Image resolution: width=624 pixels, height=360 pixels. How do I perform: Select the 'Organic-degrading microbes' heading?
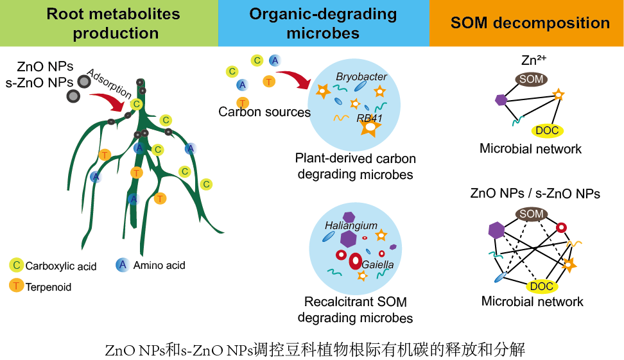(x=323, y=23)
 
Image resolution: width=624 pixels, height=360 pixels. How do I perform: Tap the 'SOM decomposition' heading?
(x=530, y=24)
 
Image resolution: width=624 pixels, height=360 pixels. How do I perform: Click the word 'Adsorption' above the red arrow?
(x=108, y=84)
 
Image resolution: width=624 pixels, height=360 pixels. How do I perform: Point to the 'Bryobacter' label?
(x=361, y=77)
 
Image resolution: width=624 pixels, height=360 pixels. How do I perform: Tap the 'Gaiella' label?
(x=377, y=264)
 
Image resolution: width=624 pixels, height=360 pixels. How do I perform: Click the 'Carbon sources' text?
(x=264, y=112)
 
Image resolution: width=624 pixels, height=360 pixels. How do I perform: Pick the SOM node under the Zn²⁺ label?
(x=531, y=80)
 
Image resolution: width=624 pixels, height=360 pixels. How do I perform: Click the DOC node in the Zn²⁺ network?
(x=548, y=131)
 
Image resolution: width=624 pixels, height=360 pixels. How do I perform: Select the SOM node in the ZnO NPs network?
(x=531, y=214)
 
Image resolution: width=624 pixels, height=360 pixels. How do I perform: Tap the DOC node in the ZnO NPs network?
(x=541, y=286)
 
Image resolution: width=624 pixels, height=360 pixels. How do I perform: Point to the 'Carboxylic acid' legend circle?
(x=17, y=265)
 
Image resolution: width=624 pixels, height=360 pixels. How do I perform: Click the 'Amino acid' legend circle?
(x=122, y=264)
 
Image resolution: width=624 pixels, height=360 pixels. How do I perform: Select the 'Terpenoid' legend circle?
(x=17, y=286)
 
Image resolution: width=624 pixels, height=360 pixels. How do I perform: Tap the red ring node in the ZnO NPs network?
(x=561, y=227)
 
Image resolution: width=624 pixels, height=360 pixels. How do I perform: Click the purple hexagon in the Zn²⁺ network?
(x=501, y=100)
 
